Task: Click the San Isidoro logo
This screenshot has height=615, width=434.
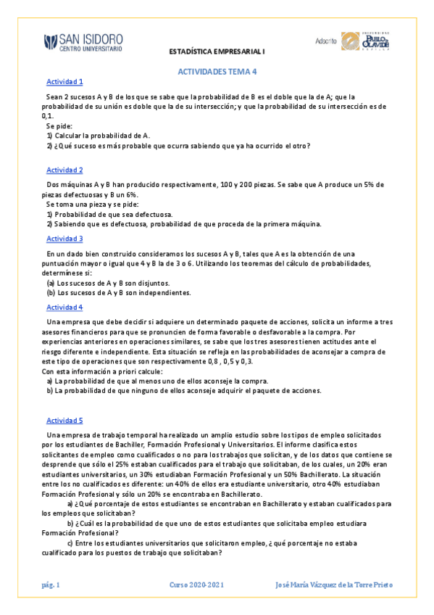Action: pos(83,43)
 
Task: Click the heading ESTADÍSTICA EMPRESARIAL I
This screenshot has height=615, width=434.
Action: pos(217,52)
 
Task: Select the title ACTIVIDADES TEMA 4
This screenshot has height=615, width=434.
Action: pos(217,72)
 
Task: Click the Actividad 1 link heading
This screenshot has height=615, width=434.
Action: pos(64,82)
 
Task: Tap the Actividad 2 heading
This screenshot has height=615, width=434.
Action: pos(64,170)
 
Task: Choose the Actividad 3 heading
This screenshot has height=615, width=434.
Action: pos(64,239)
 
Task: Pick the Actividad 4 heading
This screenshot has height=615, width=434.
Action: pos(64,307)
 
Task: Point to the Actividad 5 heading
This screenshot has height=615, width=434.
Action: pos(64,421)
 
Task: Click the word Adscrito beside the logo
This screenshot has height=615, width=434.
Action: pos(326,41)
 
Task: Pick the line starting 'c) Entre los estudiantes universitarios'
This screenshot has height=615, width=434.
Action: pos(217,542)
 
